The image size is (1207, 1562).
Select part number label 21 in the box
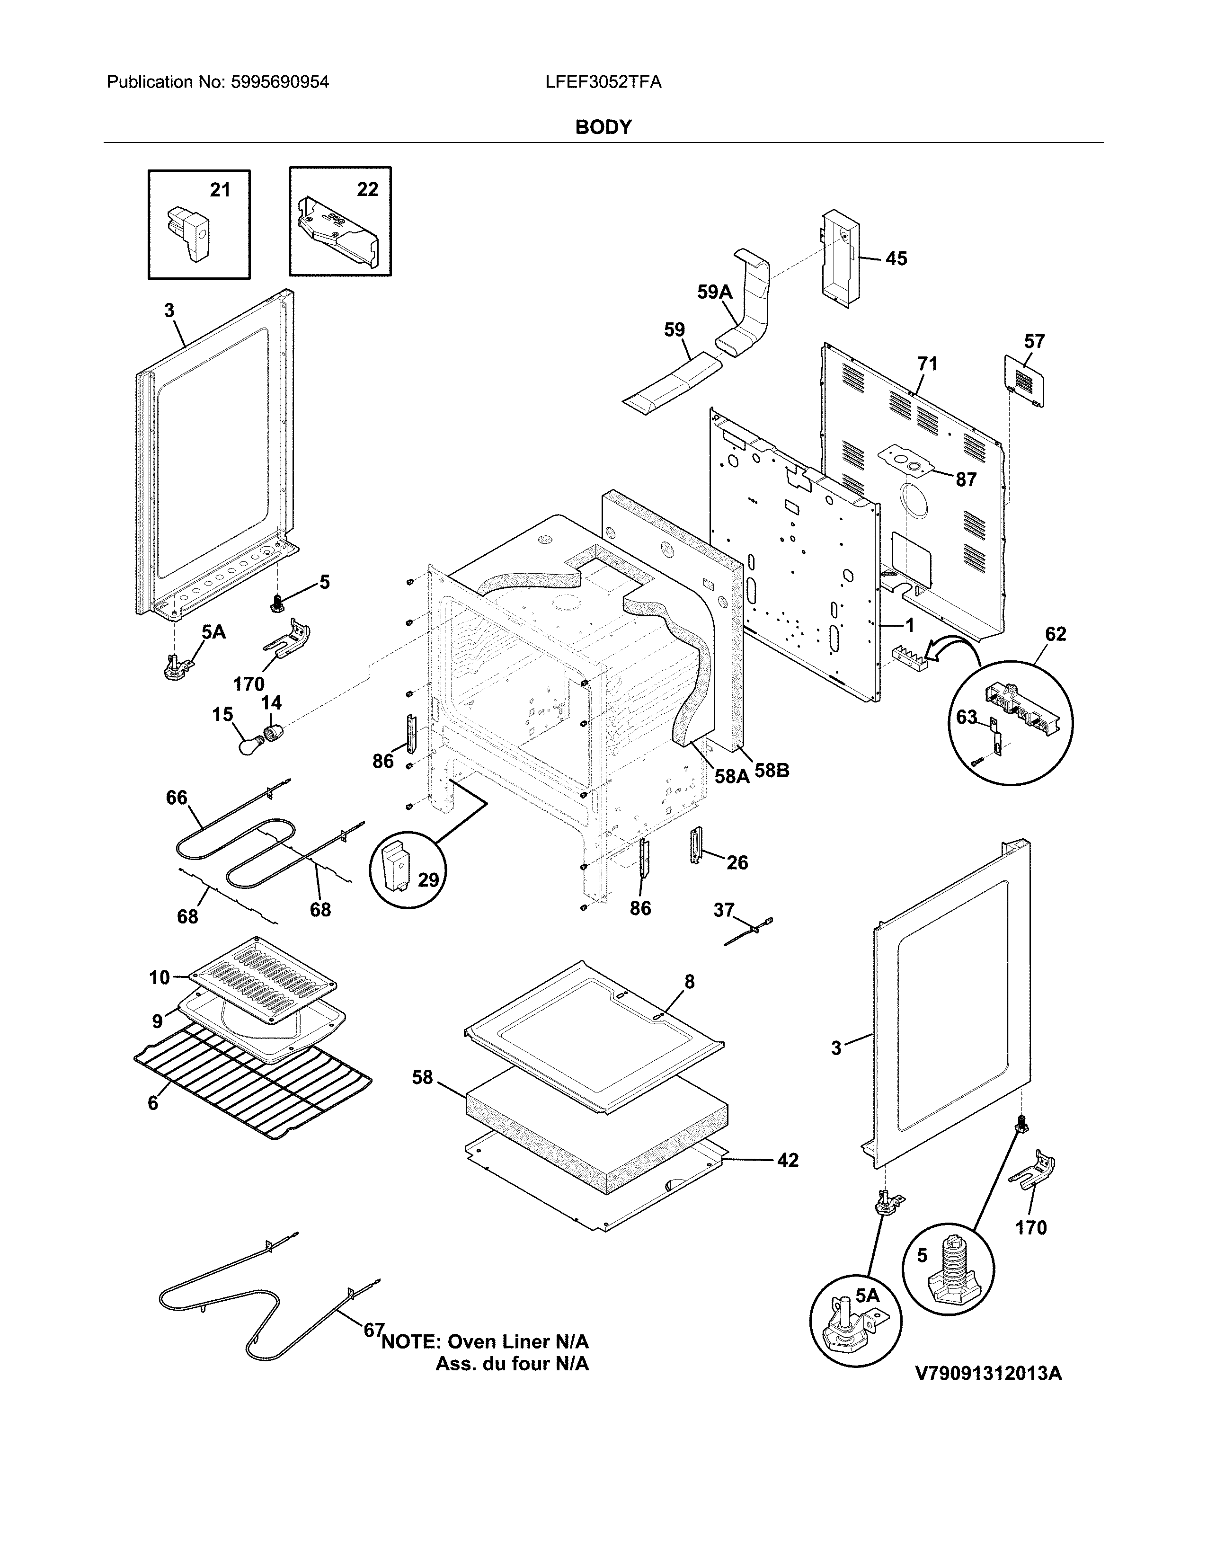[x=220, y=189]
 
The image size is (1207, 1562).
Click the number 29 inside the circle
[x=427, y=879]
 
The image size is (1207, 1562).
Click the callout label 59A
[x=714, y=292]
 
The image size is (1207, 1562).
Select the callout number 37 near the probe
[x=724, y=910]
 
